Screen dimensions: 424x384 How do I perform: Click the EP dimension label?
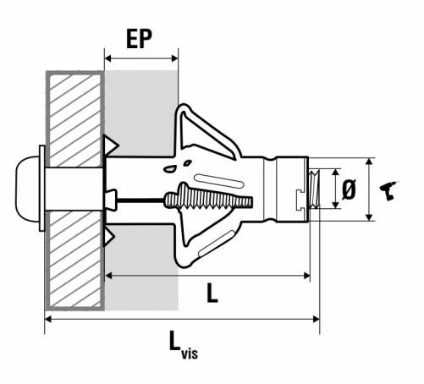pos(139,38)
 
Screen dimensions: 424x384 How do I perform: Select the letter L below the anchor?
pos(212,293)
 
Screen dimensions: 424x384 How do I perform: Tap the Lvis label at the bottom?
pos(184,345)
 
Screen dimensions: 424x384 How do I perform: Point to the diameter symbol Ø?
pos(349,189)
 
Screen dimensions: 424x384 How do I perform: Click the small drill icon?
pos(388,190)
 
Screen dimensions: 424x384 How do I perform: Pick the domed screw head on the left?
pos(27,189)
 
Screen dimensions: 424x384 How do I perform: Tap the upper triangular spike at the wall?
pos(111,145)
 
